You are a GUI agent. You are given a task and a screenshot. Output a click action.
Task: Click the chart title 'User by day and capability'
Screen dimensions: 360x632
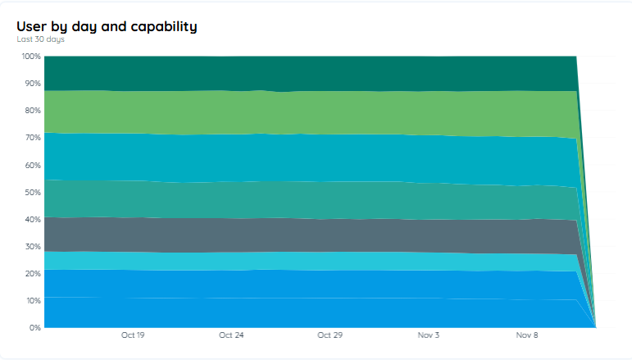click(x=107, y=26)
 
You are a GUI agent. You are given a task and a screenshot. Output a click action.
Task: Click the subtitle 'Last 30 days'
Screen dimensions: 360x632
click(x=40, y=39)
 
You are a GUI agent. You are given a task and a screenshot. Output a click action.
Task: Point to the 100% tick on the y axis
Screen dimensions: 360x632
click(x=30, y=57)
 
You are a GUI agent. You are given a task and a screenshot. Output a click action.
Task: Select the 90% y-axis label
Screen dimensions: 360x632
click(x=32, y=84)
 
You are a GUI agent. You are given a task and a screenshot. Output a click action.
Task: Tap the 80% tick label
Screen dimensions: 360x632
click(x=32, y=111)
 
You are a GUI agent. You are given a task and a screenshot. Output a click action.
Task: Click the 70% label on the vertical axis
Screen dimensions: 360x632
click(x=32, y=138)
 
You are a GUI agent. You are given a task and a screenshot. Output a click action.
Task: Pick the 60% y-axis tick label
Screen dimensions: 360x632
click(x=32, y=165)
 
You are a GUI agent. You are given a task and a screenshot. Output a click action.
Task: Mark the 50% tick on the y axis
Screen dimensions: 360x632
click(x=32, y=192)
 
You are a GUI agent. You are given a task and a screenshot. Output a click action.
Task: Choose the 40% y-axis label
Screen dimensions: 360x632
click(x=32, y=219)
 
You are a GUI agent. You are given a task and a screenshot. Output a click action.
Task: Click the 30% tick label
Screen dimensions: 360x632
click(x=32, y=246)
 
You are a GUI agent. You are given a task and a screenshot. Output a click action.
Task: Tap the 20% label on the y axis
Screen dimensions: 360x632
click(x=32, y=273)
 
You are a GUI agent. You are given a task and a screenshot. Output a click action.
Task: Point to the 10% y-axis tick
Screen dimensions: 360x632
click(x=32, y=300)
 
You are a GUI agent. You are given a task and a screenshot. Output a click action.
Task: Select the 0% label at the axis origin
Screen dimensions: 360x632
click(x=34, y=327)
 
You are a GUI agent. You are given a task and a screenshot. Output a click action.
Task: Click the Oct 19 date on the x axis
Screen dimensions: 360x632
click(x=133, y=335)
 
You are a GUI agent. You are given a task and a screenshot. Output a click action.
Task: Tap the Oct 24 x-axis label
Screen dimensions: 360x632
click(x=232, y=335)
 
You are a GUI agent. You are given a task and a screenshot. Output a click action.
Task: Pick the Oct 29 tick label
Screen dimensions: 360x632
click(x=330, y=335)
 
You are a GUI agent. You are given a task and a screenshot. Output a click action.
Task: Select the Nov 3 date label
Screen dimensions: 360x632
click(x=429, y=335)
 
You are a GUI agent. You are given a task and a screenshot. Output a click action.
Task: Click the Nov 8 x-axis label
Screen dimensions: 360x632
click(x=527, y=335)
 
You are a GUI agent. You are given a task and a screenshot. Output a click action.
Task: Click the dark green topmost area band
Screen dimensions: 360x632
click(x=311, y=72)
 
